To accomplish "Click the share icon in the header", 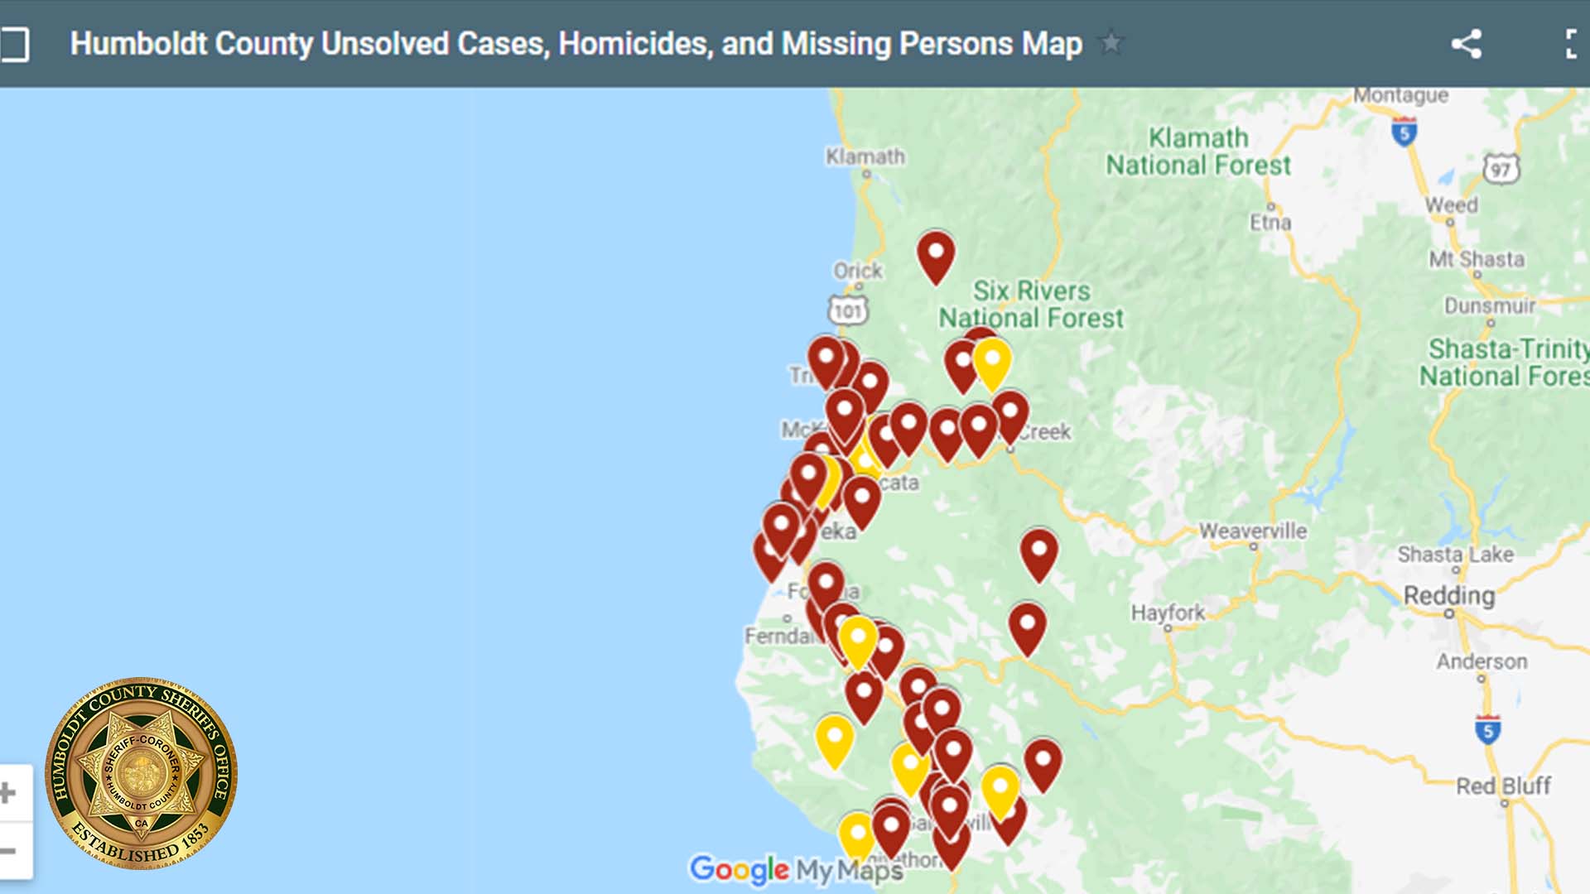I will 1466,44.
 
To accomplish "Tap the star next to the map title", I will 1111,42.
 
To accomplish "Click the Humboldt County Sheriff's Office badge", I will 141,773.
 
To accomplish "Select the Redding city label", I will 1448,595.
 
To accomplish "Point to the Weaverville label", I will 1252,531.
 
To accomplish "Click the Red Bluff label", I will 1502,786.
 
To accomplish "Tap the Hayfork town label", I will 1168,613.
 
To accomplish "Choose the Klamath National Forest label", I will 1198,151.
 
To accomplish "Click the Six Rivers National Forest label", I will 1031,304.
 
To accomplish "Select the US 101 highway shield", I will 847,311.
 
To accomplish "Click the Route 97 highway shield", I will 1501,170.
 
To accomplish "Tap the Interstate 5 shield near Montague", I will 1404,132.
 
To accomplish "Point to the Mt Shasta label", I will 1476,259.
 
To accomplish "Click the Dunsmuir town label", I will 1489,305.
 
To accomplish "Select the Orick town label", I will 857,271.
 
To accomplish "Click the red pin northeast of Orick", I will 936,256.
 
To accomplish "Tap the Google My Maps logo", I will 796,870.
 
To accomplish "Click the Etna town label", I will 1270,222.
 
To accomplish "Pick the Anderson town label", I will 1481,661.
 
